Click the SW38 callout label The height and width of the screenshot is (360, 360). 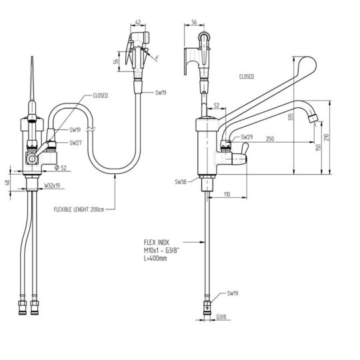pyautogui.click(x=181, y=182)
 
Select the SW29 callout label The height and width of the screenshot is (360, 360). pyautogui.click(x=247, y=137)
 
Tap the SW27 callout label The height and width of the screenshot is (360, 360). pyautogui.click(x=75, y=143)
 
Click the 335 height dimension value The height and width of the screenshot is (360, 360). pyautogui.click(x=291, y=117)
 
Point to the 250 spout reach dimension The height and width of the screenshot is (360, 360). pyautogui.click(x=270, y=139)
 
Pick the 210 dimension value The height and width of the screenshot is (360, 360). pyautogui.click(x=327, y=137)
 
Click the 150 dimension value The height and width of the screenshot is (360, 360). pyautogui.click(x=318, y=147)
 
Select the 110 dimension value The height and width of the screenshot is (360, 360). pyautogui.click(x=227, y=195)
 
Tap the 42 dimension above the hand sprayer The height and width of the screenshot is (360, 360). pyautogui.click(x=138, y=22)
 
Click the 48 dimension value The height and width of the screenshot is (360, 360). pyautogui.click(x=7, y=183)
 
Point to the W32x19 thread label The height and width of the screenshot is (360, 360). pyautogui.click(x=52, y=185)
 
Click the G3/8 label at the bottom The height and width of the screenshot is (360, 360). pyautogui.click(x=221, y=317)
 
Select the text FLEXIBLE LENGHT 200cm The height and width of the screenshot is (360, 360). pyautogui.click(x=79, y=209)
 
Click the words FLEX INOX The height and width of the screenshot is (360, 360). pyautogui.click(x=157, y=242)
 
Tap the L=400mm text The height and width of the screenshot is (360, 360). pyautogui.click(x=155, y=258)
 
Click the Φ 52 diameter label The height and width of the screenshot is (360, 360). pyautogui.click(x=61, y=168)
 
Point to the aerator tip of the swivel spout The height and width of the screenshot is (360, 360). pyautogui.click(x=313, y=119)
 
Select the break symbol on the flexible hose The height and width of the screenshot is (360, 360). pyautogui.click(x=91, y=130)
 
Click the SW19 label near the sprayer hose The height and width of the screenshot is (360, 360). pyautogui.click(x=161, y=93)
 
